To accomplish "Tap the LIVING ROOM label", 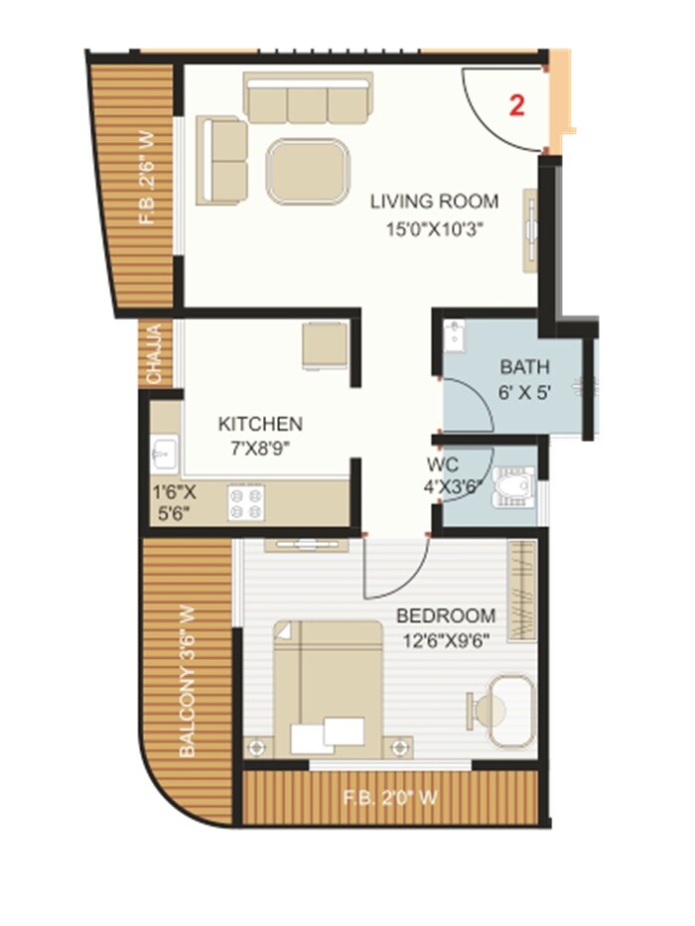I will click(x=434, y=201).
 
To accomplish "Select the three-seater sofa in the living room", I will click(x=309, y=98).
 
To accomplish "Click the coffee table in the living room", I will click(x=309, y=172).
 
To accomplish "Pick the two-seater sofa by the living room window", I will click(x=222, y=160).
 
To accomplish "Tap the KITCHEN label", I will click(x=260, y=424).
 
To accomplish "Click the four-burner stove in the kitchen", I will click(x=246, y=503).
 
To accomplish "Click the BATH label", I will click(x=524, y=368).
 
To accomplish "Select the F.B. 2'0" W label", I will click(x=389, y=796).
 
